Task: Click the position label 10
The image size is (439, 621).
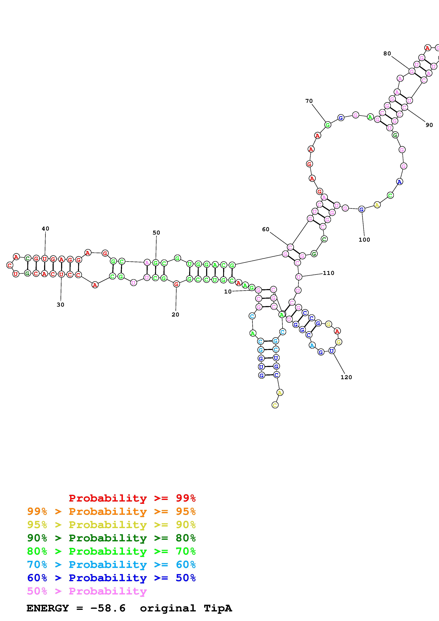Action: coord(228,292)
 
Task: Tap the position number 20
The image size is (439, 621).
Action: coord(175,315)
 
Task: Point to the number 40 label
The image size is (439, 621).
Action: coord(46,229)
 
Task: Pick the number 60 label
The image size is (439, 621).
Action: coord(266,229)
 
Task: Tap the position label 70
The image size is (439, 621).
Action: coord(309,101)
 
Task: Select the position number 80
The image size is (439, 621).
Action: coord(387,54)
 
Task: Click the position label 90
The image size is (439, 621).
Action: coord(429,125)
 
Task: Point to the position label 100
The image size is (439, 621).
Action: coord(364,240)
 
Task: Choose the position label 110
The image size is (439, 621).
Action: coord(329,273)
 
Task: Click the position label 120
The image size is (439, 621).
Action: coord(346,377)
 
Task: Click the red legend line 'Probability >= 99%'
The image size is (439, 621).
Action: coord(132,498)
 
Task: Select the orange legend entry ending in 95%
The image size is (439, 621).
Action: coord(111,511)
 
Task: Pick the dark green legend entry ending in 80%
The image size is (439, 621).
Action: coord(111,538)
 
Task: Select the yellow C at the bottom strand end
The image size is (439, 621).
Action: coord(275,405)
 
